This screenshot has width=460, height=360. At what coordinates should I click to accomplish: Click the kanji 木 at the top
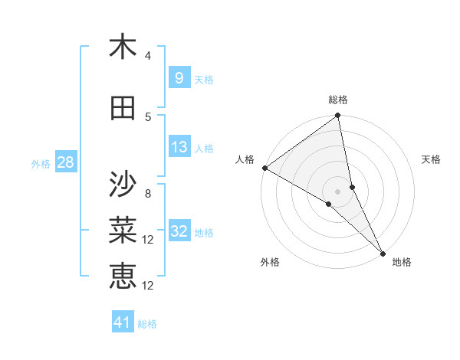(123, 47)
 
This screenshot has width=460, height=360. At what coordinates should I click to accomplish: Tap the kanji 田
(123, 109)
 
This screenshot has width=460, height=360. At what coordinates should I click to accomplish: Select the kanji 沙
(123, 184)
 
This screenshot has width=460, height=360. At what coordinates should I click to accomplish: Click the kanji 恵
(123, 275)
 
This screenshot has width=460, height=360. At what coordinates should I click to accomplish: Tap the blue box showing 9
(179, 78)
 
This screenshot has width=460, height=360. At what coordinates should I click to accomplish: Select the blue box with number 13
(179, 147)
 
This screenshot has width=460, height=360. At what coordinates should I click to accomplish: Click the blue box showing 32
(179, 231)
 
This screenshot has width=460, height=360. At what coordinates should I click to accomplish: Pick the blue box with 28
(64, 162)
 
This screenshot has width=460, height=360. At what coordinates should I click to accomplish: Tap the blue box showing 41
(123, 322)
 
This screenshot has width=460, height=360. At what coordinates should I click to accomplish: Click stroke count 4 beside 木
(148, 56)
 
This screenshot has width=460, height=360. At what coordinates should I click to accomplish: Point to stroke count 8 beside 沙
(148, 194)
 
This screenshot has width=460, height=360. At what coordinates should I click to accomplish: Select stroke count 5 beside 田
(148, 117)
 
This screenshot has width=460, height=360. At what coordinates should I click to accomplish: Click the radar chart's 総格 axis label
(338, 100)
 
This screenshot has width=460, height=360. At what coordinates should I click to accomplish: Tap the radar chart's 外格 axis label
(270, 262)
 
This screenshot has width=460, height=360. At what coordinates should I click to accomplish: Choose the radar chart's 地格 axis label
(402, 262)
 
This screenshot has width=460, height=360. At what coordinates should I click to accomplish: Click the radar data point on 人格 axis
(264, 168)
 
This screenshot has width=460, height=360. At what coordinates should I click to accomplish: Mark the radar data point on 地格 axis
(383, 252)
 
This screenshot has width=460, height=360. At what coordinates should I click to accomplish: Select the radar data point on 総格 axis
(338, 116)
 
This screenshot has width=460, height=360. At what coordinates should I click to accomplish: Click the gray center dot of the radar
(338, 191)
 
